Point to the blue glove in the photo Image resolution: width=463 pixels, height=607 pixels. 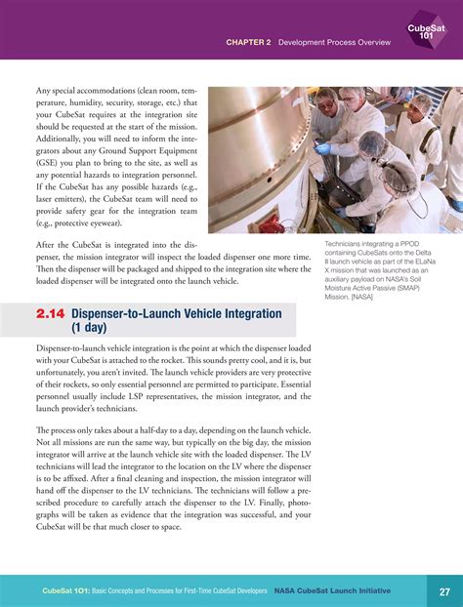[x=323, y=147]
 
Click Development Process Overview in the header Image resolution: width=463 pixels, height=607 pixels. [x=334, y=43]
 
